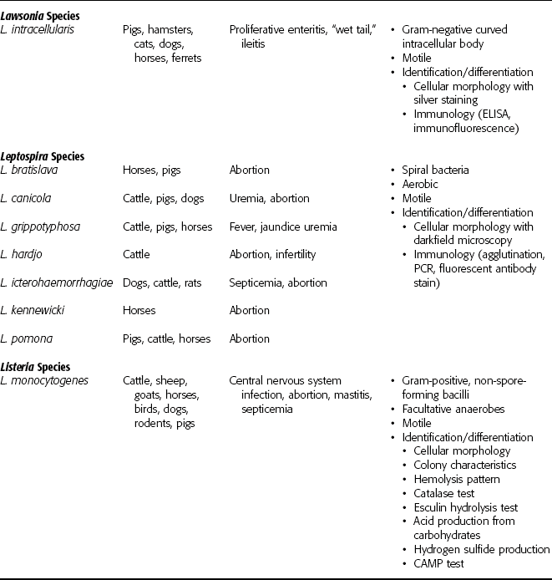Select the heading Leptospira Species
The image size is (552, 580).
pyautogui.click(x=49, y=155)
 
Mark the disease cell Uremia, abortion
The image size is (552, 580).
pyautogui.click(x=269, y=198)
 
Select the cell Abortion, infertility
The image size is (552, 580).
pyautogui.click(x=271, y=254)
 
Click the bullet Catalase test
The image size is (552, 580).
pyautogui.click(x=448, y=493)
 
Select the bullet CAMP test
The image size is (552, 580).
pyautogui.click(x=442, y=564)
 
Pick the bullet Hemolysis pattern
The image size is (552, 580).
pyautogui.click(x=457, y=479)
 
